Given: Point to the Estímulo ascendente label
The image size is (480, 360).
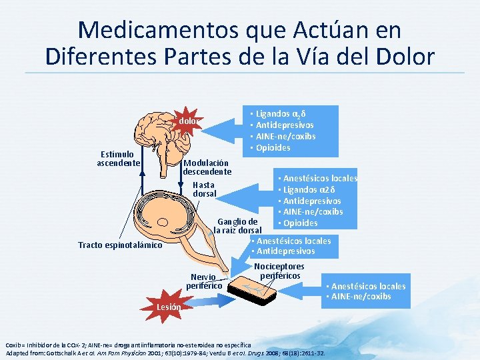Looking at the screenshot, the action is [x=119, y=159].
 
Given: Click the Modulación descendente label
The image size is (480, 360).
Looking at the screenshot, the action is [x=207, y=167].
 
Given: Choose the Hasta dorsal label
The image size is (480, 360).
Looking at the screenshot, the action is [x=204, y=189].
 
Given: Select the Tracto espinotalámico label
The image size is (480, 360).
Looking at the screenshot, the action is [x=120, y=245].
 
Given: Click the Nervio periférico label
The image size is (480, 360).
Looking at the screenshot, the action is [x=203, y=281].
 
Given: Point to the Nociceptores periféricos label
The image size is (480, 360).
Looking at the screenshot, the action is [x=282, y=271].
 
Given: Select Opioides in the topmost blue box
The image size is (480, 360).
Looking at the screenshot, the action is [x=273, y=147].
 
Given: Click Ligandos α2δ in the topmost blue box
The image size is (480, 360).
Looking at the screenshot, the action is [x=281, y=114].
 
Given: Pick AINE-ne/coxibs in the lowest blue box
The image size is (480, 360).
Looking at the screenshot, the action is [x=361, y=296].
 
